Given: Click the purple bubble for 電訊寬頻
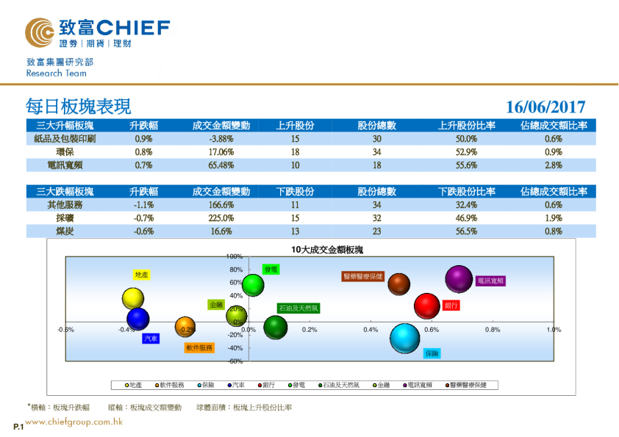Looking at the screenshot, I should click(x=459, y=279).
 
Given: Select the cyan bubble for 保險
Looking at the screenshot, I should click(x=404, y=338).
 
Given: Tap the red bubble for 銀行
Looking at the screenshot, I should click(x=427, y=306).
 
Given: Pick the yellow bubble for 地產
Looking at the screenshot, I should click(x=133, y=298).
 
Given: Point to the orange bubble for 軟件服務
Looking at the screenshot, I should click(x=185, y=328).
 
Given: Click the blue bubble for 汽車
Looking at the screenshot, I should click(x=137, y=319).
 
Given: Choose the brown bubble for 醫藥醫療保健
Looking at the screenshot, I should click(x=398, y=283).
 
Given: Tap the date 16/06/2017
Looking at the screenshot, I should click(x=545, y=107).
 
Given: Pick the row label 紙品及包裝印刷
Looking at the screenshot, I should click(x=65, y=139).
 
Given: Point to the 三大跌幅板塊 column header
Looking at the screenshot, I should click(x=65, y=192).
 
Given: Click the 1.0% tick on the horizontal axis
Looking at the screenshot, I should click(x=554, y=330).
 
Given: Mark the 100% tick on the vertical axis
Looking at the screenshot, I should click(x=235, y=256).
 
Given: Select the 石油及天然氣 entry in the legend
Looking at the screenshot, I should click(x=339, y=385).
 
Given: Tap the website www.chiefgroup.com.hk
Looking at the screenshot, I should click(x=74, y=422).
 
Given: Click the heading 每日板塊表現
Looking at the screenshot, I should click(x=78, y=106).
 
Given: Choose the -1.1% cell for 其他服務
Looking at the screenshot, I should click(x=143, y=205).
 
